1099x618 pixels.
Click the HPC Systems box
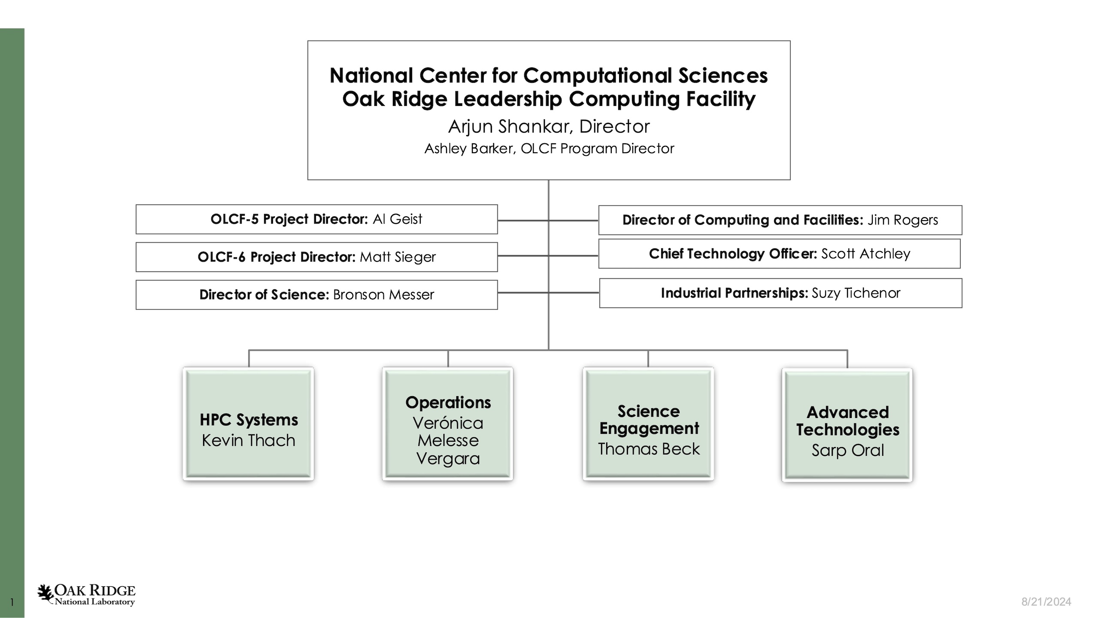[248, 424]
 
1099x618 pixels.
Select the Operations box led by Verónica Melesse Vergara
[448, 424]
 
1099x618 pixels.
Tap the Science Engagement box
[648, 424]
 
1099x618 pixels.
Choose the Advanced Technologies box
[847, 425]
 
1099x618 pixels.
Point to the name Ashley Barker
[470, 149]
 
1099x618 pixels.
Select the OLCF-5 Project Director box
[316, 219]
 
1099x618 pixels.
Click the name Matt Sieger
[398, 257]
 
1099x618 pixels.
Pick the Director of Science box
[316, 295]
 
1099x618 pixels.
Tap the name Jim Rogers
[903, 220]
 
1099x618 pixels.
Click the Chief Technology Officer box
[779, 254]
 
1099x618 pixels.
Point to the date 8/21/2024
[1046, 602]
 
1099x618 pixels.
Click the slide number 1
[12, 603]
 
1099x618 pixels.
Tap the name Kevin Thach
[249, 441]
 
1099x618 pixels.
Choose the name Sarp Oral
[847, 451]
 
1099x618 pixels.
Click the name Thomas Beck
[649, 449]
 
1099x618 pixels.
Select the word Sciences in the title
[723, 76]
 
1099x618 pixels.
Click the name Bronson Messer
[383, 295]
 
